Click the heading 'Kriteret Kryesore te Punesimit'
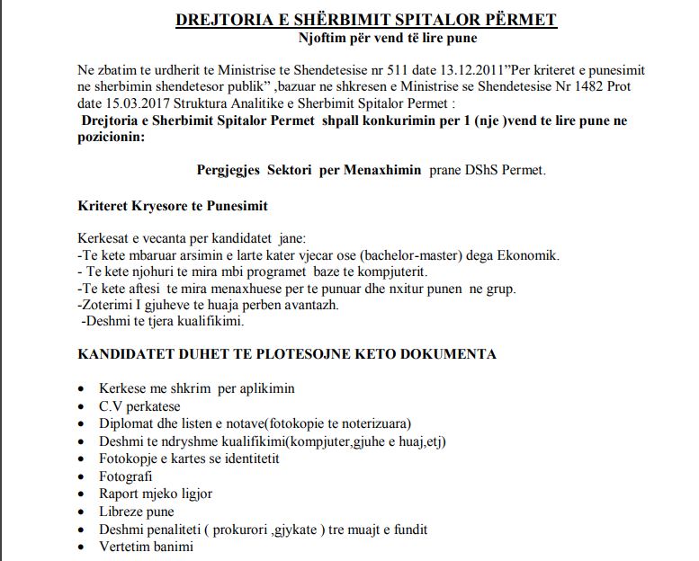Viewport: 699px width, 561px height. click(x=173, y=207)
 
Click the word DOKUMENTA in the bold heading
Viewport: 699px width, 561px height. click(x=441, y=354)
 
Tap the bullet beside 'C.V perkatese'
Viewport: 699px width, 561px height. click(x=82, y=406)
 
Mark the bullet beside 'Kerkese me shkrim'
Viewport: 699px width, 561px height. click(x=82, y=389)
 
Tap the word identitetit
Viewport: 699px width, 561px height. click(x=243, y=459)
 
